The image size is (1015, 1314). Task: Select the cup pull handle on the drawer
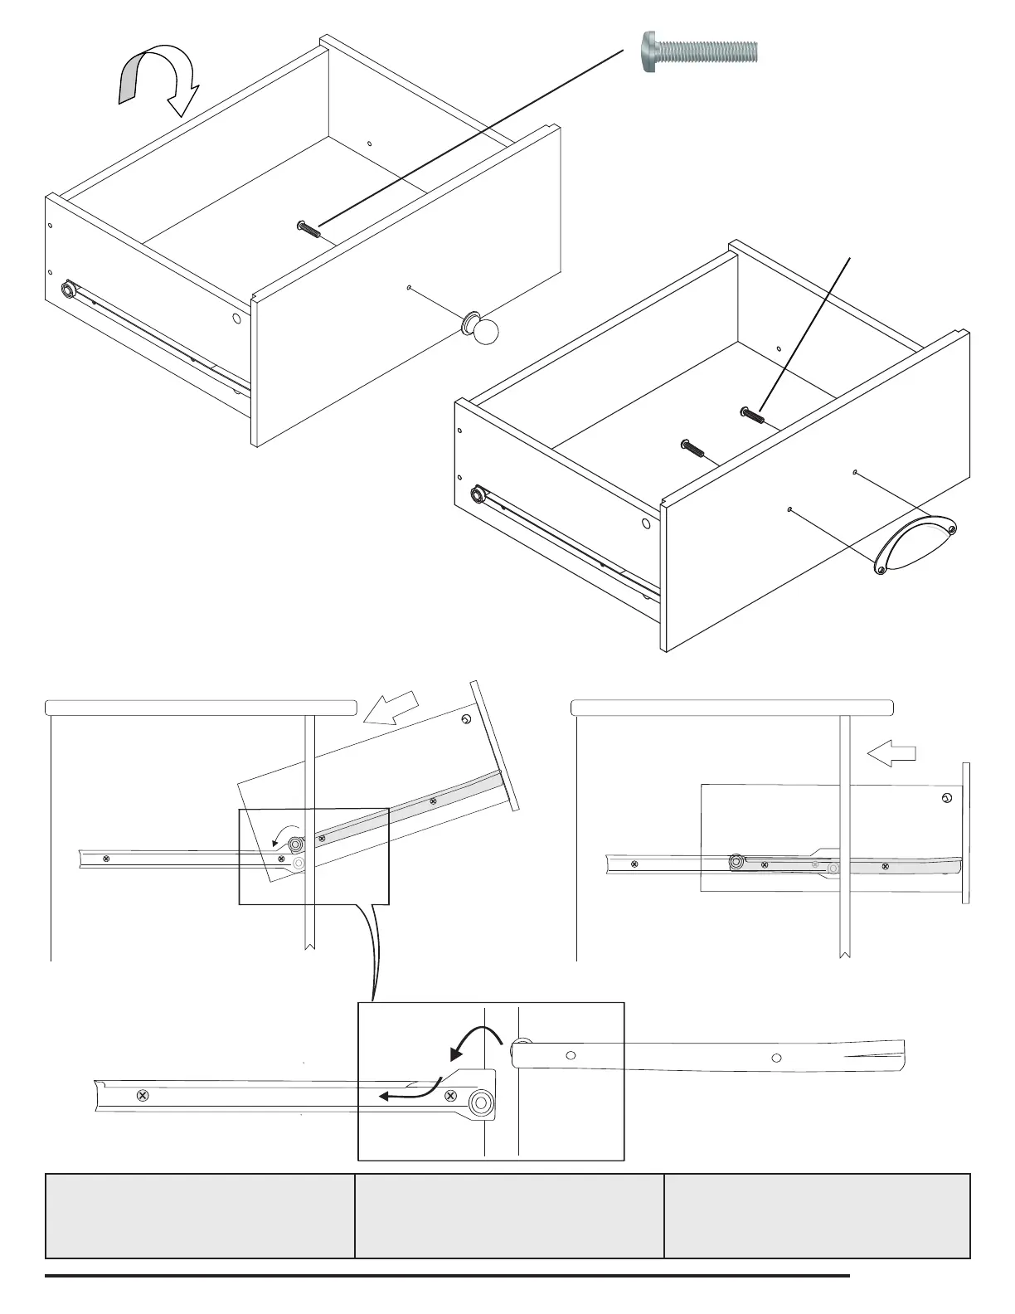915,543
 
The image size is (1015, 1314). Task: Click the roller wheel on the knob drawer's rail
68,290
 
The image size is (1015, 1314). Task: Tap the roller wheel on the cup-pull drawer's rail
478,495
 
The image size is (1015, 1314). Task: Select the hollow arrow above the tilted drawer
394,708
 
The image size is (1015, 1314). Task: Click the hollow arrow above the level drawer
891,753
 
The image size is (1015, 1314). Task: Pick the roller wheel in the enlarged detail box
479,1102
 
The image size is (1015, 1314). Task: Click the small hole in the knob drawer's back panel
369,144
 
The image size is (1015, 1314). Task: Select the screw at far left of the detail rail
143,1096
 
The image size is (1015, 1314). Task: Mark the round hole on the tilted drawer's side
466,719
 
